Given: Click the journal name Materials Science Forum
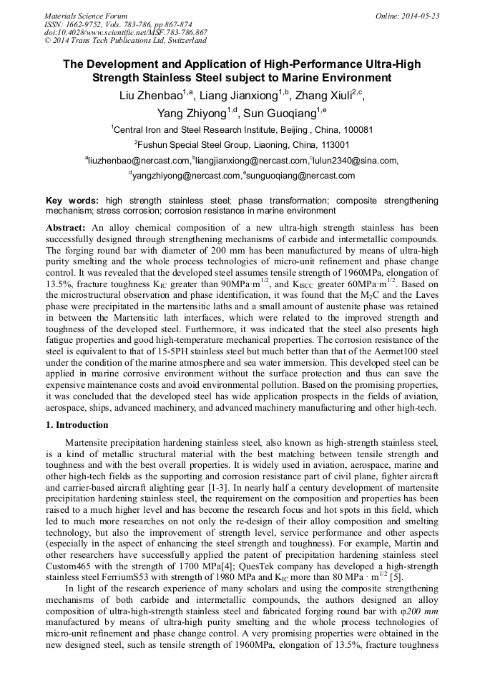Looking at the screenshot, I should [86, 16].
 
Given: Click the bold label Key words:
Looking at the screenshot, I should [72, 201].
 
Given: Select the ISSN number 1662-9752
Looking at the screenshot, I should [84, 24].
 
